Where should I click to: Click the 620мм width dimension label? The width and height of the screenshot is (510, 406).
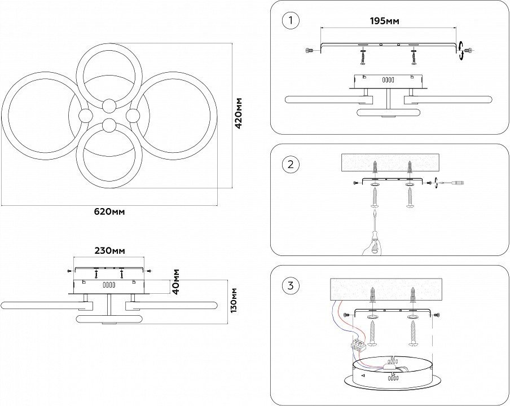[x=109, y=211]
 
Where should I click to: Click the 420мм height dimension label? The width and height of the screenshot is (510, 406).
[x=239, y=113]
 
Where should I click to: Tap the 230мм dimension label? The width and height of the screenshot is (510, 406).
[x=109, y=250]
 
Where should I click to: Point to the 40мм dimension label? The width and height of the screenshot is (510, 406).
[x=176, y=281]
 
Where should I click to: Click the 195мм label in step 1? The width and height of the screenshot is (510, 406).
[x=385, y=21]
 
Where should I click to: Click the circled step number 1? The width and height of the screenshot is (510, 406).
[x=290, y=20]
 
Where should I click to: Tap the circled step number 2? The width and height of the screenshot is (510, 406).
[x=290, y=164]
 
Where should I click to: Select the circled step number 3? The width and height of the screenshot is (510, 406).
[x=290, y=286]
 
